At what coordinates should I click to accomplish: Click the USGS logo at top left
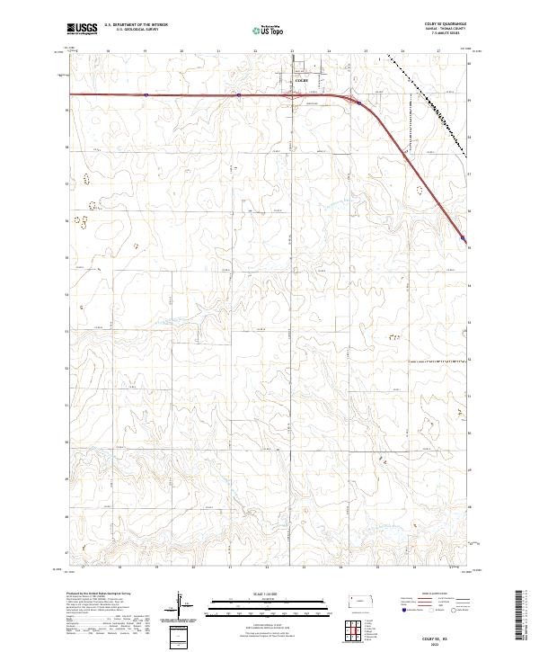[x=82, y=29]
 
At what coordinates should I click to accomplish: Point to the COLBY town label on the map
[x=302, y=80]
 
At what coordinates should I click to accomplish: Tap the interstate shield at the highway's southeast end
[x=462, y=238]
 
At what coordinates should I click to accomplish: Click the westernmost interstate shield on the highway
[x=145, y=93]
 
